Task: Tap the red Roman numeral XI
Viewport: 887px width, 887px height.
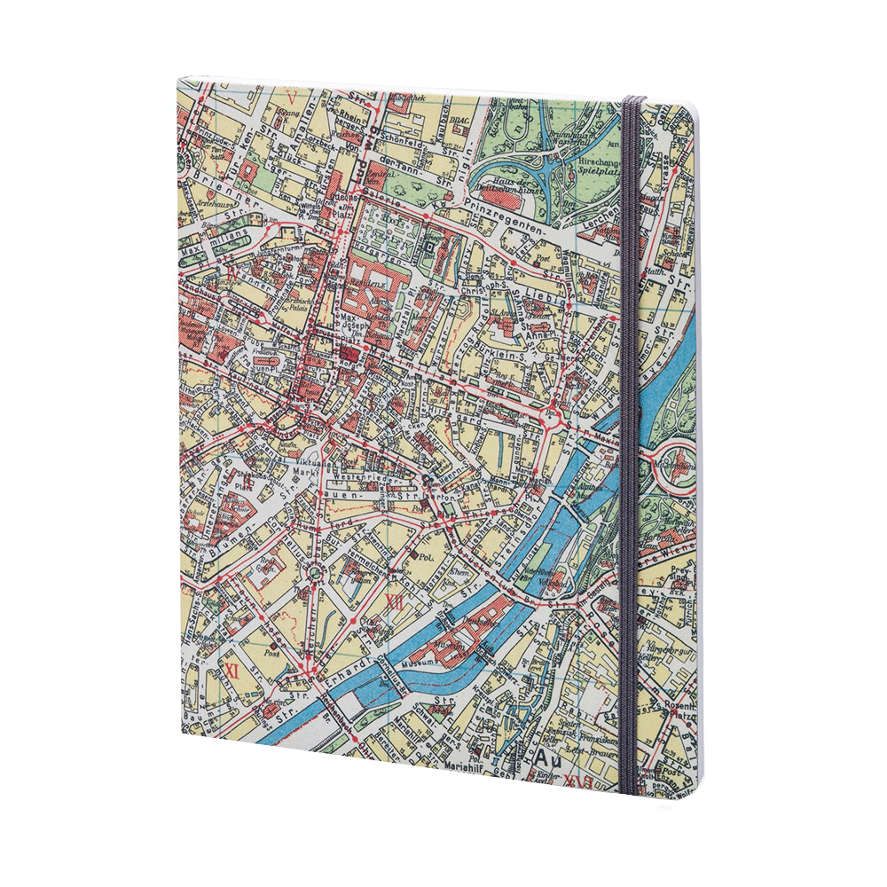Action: point(233,669)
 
